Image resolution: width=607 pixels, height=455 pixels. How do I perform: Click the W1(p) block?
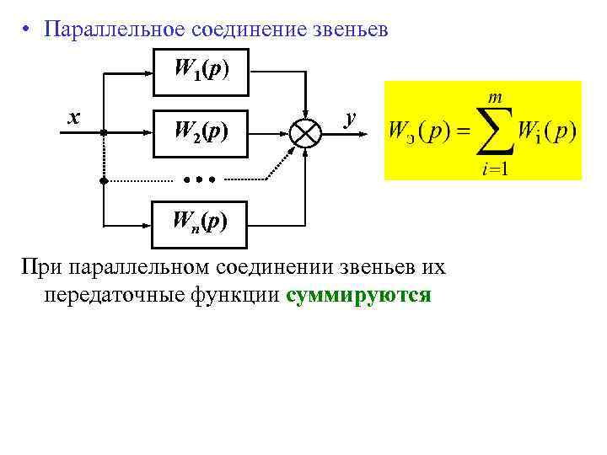coord(200,68)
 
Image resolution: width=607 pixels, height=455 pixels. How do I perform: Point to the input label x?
coord(74,117)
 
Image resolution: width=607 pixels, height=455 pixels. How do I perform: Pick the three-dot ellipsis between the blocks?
coord(200,179)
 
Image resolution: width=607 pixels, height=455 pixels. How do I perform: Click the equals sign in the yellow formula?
coord(463,132)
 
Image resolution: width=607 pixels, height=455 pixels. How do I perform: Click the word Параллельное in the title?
coord(114,30)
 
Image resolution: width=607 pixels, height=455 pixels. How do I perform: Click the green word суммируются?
coord(358,297)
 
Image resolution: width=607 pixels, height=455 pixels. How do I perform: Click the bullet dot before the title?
coord(28,31)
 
